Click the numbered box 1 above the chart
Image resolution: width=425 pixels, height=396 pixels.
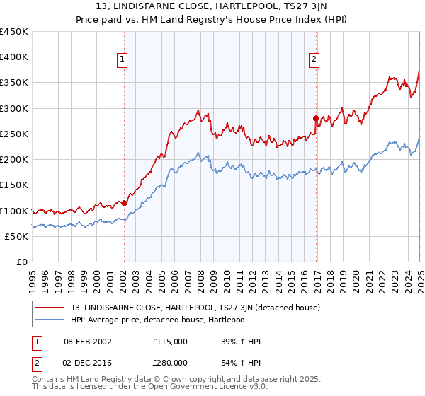pyautogui.click(x=123, y=60)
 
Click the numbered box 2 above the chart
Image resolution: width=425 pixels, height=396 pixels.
pyautogui.click(x=314, y=60)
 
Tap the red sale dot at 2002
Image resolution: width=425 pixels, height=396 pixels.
pyautogui.click(x=124, y=203)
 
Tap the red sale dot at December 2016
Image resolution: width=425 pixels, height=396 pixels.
pyautogui.click(x=316, y=118)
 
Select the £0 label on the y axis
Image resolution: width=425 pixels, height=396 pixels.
pyautogui.click(x=23, y=262)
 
